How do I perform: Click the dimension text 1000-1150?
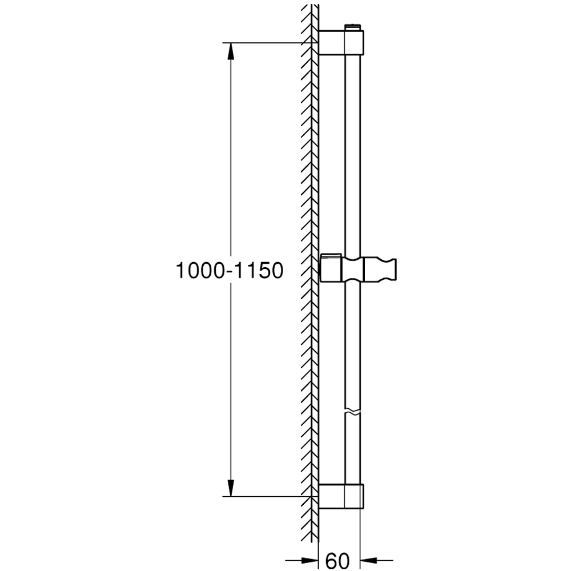(x=229, y=271)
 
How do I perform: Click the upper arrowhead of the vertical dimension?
(x=230, y=52)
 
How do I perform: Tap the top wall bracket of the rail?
(x=340, y=42)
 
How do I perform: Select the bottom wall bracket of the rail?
(x=340, y=496)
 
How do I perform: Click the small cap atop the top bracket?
(x=354, y=26)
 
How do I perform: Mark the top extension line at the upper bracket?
(x=268, y=42)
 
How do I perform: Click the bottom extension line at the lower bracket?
(x=268, y=496)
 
